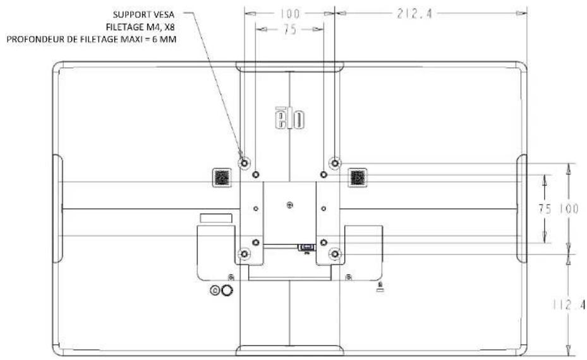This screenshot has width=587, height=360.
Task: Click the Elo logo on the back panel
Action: [x=290, y=118]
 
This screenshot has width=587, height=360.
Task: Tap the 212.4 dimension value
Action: [x=415, y=14]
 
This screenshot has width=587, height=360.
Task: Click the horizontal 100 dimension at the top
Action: [x=290, y=14]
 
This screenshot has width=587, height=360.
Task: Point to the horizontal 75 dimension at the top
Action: [x=290, y=29]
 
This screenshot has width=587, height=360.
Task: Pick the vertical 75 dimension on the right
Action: [x=545, y=208]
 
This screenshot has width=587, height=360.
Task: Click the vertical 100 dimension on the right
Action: [x=569, y=208]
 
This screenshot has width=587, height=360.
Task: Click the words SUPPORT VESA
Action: [x=143, y=15]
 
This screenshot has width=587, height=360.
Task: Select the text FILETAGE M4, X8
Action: [x=140, y=27]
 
